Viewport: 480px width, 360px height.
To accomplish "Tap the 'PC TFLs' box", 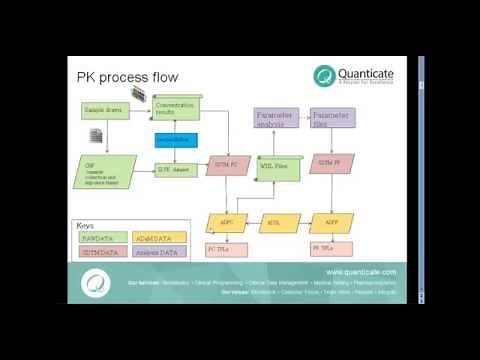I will pos(222,247).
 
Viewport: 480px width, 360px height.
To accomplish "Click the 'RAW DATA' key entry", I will pos(99,237).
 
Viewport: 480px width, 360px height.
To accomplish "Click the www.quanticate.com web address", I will pos(361,272).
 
